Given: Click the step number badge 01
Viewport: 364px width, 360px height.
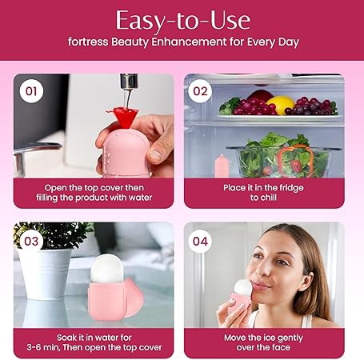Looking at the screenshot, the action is [31, 91].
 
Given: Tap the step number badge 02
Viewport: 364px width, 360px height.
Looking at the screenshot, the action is [200, 91].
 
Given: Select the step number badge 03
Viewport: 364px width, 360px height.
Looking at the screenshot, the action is [31, 241].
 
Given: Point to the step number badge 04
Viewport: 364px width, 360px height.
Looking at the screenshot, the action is [200, 241].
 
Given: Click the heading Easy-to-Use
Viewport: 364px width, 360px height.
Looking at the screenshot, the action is [183, 20].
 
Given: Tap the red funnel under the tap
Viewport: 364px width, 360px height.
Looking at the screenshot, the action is [122, 116].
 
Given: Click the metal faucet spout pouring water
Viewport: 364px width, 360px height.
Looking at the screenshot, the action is [129, 82].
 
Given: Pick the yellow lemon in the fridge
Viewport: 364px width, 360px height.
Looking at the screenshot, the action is [281, 105].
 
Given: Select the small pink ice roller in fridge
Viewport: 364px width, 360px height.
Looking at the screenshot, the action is [222, 166].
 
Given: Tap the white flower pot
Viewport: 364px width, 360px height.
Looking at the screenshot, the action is [44, 274].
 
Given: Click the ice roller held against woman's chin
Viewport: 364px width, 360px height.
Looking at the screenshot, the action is [242, 294].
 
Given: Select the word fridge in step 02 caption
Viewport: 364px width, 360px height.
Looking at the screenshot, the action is [291, 188].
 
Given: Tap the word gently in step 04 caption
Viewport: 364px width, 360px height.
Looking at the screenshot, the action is [289, 338].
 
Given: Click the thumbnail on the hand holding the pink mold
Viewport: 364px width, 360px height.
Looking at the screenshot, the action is [155, 155].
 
